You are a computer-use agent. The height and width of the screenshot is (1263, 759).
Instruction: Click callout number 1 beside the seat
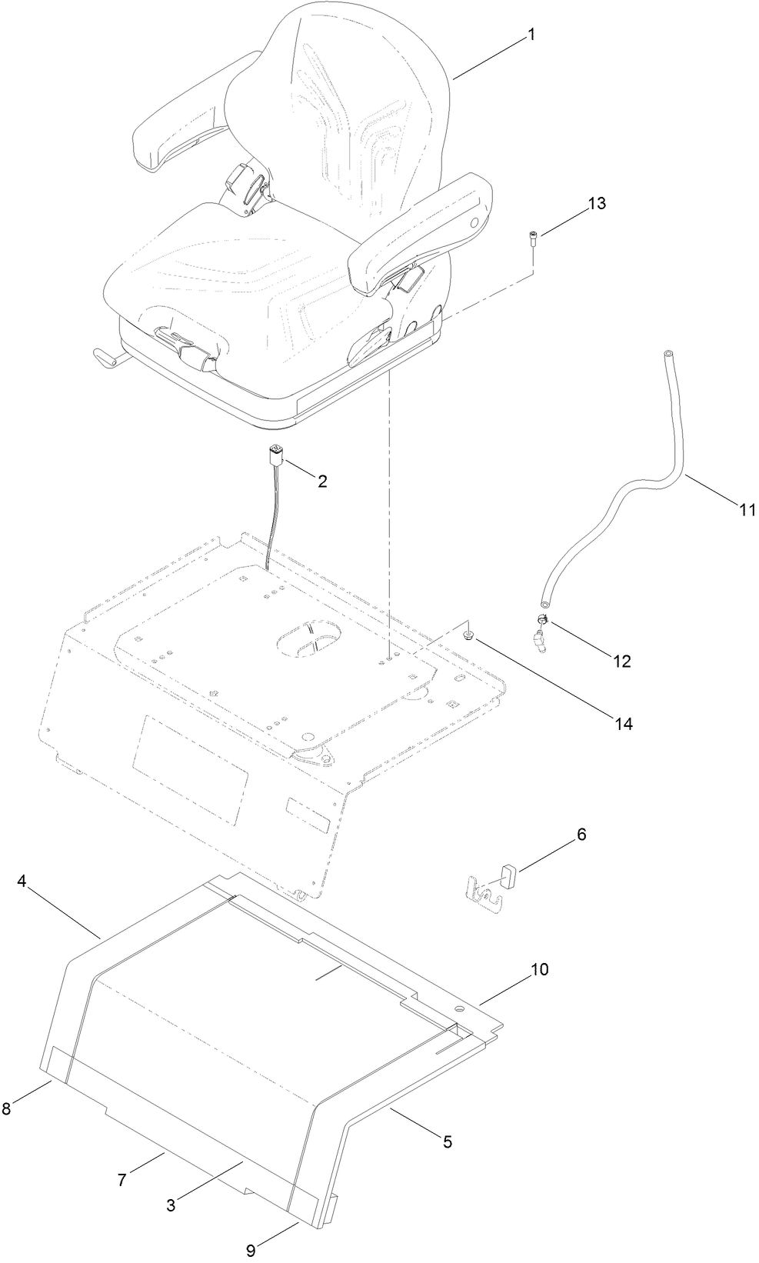[530, 35]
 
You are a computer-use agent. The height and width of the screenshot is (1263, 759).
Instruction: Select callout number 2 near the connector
[322, 482]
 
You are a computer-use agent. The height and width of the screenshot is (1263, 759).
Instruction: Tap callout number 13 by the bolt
[597, 204]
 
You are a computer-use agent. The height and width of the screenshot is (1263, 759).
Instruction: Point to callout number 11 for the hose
[747, 509]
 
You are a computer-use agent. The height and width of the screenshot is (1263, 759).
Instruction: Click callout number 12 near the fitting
[621, 661]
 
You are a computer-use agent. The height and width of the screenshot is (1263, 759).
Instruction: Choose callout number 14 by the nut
[623, 723]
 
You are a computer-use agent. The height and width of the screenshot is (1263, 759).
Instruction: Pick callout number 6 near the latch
[581, 835]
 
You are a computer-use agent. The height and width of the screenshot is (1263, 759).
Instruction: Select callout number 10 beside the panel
[539, 969]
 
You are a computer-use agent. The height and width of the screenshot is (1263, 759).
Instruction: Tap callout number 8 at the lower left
[7, 1108]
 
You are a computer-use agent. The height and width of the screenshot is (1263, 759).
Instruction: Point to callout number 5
[447, 1142]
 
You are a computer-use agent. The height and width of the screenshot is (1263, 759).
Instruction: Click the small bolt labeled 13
[532, 238]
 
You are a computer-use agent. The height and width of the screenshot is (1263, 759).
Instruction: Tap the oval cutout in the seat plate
[311, 639]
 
